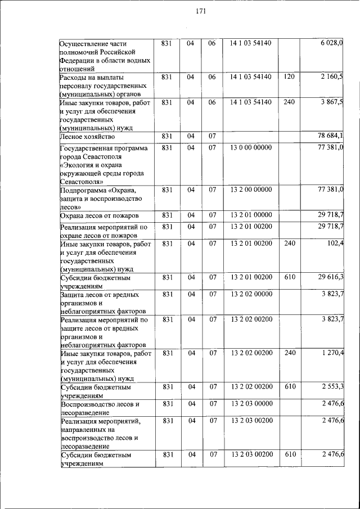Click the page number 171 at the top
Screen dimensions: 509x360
[x=202, y=12]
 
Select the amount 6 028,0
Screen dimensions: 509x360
[x=332, y=44]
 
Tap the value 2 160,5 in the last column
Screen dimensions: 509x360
[x=332, y=76]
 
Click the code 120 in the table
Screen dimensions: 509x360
[x=289, y=76]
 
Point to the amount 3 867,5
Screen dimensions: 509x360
[x=332, y=102]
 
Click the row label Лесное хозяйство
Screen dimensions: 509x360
[x=87, y=137]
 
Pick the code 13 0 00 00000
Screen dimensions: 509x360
[x=250, y=147]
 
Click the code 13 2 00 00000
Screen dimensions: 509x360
[x=250, y=190]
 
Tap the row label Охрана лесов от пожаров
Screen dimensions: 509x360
[x=100, y=216]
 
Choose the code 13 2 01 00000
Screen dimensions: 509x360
[x=250, y=215]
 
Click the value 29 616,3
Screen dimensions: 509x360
[x=331, y=277]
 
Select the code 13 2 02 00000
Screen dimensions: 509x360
[x=250, y=294]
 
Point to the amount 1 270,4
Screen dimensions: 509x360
[x=332, y=353]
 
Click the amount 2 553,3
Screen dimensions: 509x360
[x=332, y=387]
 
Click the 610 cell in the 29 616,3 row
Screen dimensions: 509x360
[x=289, y=277]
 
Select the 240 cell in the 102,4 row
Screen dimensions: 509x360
[x=289, y=242]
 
